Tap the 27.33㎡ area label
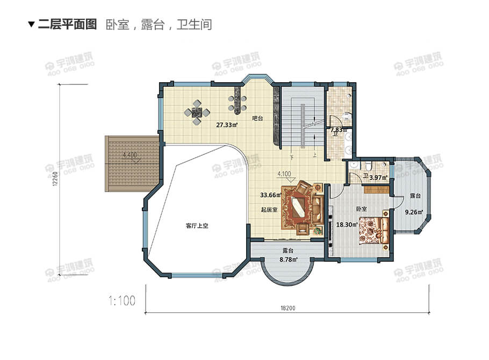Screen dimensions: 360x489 coord(227,125)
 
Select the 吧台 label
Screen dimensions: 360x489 coord(257,118)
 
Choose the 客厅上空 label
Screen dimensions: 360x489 coord(197,226)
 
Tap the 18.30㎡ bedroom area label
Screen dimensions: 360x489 coord(347,225)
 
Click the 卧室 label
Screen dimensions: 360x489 coord(361,208)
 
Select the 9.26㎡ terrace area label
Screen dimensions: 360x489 coord(414,212)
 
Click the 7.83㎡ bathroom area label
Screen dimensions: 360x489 coord(339,130)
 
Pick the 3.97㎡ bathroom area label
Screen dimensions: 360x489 coord(378,177)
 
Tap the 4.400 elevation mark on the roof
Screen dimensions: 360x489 coord(130,155)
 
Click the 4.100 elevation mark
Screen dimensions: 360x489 coord(285,174)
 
